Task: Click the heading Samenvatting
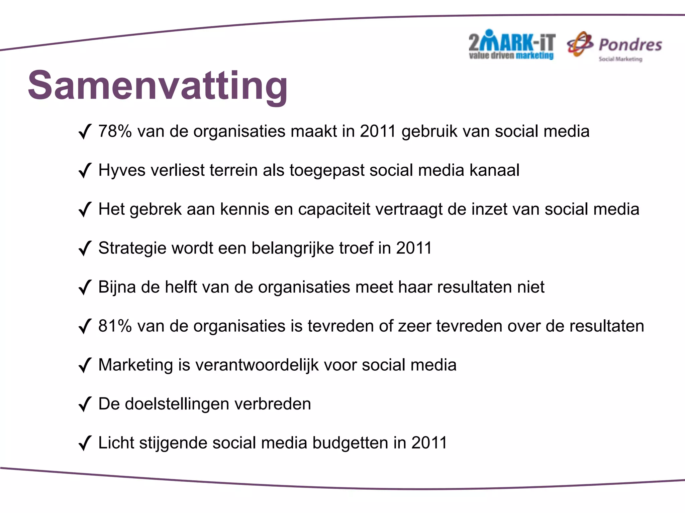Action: click(x=158, y=85)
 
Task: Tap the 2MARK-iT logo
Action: click(x=512, y=43)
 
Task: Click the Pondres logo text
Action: click(x=630, y=45)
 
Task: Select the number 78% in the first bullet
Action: click(x=115, y=131)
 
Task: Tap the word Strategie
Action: click(x=132, y=248)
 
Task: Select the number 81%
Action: click(x=115, y=326)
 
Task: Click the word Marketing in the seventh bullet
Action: click(x=135, y=365)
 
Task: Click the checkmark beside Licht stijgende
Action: click(x=85, y=443)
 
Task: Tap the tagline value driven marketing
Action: click(x=511, y=56)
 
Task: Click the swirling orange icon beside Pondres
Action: click(x=580, y=44)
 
